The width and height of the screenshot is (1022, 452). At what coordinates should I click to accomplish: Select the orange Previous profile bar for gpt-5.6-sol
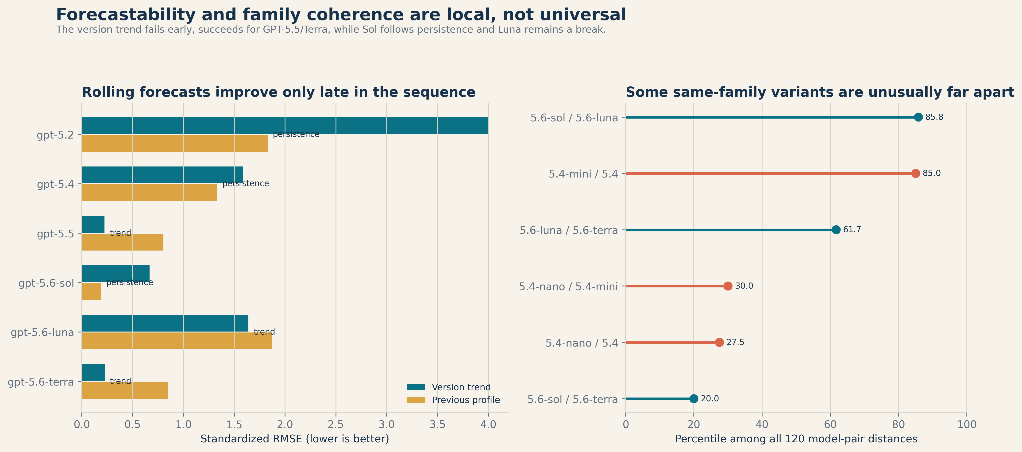point(92,291)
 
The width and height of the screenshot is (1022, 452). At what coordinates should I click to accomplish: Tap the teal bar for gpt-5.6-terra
point(93,373)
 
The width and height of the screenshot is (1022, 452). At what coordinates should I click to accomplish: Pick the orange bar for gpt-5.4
point(150,193)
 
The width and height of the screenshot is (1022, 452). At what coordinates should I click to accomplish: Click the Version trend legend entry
point(449,387)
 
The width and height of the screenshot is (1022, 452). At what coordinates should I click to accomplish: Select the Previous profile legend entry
point(453,400)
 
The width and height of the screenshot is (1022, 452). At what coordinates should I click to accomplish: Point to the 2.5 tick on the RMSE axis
point(336,425)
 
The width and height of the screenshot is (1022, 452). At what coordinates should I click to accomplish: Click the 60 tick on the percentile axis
point(830,425)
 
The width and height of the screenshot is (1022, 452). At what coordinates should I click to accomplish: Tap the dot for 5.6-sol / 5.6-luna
point(918,117)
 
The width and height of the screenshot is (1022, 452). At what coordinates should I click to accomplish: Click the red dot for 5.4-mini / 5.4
point(915,174)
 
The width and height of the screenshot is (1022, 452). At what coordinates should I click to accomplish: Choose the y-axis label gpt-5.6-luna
point(42,332)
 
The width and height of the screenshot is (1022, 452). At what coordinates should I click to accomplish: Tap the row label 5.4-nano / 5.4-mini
point(569,286)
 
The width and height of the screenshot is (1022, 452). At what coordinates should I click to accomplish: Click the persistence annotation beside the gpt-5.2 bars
point(296,134)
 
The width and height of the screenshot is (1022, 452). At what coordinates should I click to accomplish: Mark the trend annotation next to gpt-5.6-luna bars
point(264,332)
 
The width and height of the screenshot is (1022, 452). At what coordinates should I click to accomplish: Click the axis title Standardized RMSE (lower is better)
point(295,439)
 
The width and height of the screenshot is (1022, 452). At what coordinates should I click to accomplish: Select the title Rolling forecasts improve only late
point(278,92)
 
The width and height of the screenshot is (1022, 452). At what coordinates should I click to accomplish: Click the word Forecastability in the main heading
point(126,15)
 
